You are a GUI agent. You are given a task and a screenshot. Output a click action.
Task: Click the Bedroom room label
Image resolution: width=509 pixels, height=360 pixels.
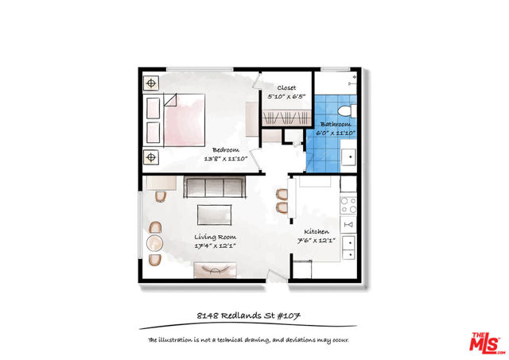tap(226, 150)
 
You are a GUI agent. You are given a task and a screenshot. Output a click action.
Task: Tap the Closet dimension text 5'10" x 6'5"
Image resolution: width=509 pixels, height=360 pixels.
tap(286, 96)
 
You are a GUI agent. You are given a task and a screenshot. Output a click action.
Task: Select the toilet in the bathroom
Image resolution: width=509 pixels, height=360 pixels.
tap(347, 111)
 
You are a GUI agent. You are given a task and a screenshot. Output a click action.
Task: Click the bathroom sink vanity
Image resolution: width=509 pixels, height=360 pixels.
tap(348, 157)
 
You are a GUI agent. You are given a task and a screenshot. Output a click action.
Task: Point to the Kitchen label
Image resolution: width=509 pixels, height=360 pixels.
tap(317, 231)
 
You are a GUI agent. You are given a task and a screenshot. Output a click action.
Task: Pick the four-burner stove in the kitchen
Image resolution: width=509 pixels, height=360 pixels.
tap(348, 205)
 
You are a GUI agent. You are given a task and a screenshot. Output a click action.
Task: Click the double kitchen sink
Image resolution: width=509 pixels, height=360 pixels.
tap(348, 247)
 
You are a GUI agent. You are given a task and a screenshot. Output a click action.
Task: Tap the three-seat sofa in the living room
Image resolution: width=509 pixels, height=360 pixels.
tap(215, 187)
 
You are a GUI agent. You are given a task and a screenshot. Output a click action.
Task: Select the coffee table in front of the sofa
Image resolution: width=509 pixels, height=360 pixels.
tap(214, 215)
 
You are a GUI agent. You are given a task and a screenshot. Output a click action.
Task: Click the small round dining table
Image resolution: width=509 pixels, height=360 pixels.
tap(154, 243)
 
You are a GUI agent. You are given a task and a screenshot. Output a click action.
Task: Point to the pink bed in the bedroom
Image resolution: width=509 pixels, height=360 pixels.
tap(185, 120)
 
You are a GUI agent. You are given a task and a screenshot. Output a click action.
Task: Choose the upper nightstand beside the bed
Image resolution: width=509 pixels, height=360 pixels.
tap(151, 83)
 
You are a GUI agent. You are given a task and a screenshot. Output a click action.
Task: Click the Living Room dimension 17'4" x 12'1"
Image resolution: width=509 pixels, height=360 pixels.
tap(215, 246)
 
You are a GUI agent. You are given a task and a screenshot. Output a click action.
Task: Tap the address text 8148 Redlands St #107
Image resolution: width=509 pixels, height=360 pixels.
tap(249, 315)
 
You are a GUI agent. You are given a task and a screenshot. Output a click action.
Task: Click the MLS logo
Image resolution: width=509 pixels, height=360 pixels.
tap(487, 343)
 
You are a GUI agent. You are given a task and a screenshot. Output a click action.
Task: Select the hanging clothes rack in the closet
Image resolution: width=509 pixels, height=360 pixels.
tap(286, 118)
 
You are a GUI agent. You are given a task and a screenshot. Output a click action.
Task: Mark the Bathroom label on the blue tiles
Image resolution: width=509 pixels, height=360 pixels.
tap(336, 124)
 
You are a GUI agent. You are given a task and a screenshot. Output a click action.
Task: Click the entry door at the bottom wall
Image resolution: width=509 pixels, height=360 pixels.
tap(277, 277)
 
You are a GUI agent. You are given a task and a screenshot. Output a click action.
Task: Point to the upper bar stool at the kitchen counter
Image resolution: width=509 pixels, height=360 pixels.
tap(282, 195)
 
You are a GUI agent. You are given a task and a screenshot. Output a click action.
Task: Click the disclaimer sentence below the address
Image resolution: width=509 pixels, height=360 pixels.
tap(249, 340)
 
